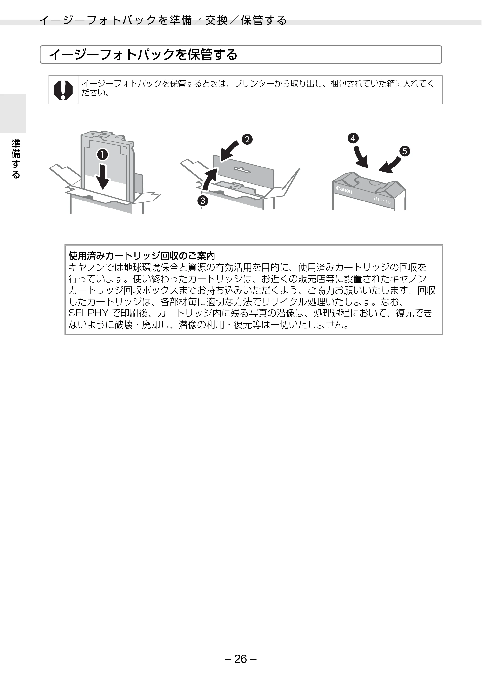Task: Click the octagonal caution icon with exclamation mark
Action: point(63,90)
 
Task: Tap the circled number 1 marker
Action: point(102,155)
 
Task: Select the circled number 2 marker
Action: point(247,139)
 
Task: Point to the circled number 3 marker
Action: point(203,201)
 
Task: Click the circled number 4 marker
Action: point(353,138)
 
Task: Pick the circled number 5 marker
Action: point(405,151)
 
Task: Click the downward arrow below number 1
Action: point(103,177)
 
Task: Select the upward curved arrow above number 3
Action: point(210,179)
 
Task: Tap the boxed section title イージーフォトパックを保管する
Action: point(143,54)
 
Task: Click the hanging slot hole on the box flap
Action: point(243,170)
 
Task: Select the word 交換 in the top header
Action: point(216,20)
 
